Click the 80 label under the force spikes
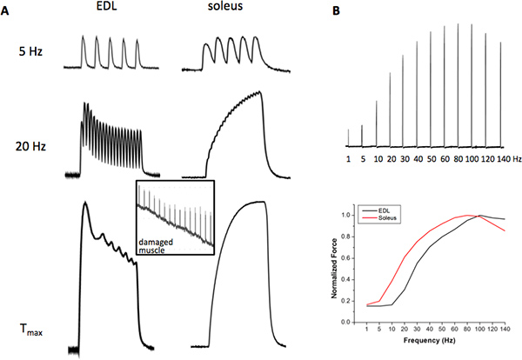458,160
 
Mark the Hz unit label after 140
517,160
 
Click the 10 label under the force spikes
376,160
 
